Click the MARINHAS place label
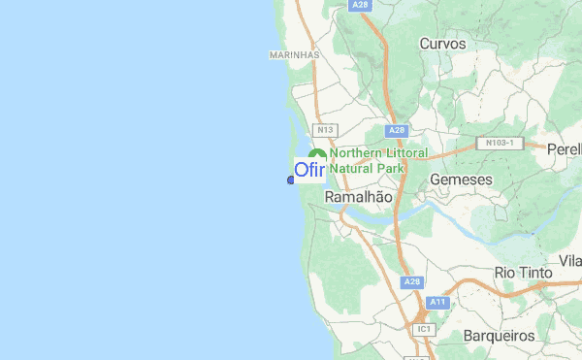294,55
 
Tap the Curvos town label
442,44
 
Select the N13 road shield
325,130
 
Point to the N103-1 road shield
501,143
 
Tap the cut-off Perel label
564,149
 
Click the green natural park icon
316,158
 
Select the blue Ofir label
310,171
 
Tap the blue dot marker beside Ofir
290,180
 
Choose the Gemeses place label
461,180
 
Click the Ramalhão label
359,196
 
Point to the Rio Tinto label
523,273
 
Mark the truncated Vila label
569,262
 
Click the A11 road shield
436,302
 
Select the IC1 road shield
423,329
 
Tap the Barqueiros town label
500,335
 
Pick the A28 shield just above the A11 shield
412,282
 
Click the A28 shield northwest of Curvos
361,5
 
